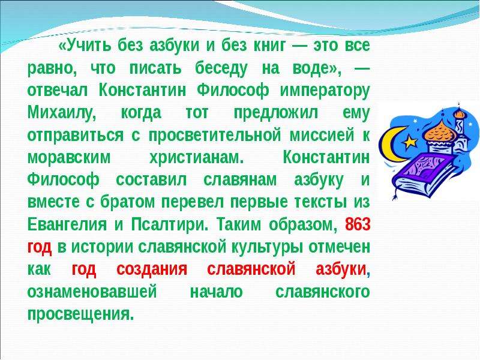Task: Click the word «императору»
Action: point(325,92)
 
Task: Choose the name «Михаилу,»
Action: point(62,113)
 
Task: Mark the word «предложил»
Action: point(276,114)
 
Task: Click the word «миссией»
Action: point(322,136)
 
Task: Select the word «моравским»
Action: point(69,158)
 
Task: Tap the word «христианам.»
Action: point(196,158)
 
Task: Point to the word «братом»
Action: point(128,203)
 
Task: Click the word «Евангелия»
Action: point(67,225)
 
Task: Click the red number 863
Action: point(358,224)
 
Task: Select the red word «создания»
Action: point(152,269)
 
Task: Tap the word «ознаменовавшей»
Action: point(92,292)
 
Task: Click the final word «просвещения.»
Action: point(81,314)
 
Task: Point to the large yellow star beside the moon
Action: point(410,142)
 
